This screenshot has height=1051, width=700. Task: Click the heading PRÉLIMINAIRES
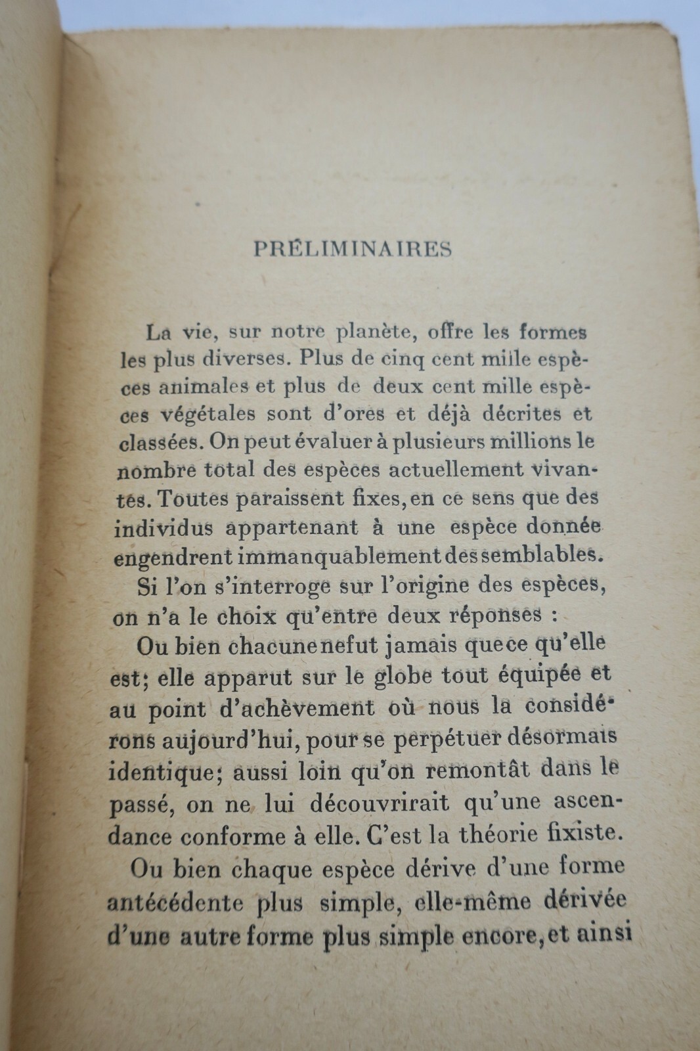tap(352, 250)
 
